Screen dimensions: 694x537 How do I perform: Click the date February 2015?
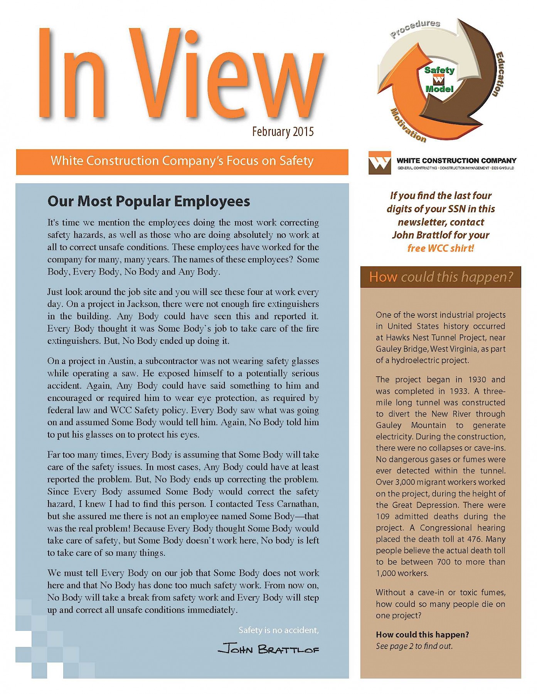coord(283,132)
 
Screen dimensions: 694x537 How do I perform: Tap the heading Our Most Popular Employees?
coord(148,201)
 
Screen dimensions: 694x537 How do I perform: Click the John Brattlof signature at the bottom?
coord(268,650)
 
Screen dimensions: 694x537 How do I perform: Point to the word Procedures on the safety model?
coord(415,28)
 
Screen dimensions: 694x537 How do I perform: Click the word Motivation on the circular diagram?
coord(408,126)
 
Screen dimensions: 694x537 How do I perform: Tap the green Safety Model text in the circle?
coord(439,79)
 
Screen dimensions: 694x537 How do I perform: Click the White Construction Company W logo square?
coord(379,163)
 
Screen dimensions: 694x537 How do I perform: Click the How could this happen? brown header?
coord(441,277)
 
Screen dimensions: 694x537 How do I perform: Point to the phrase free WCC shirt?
coord(441,248)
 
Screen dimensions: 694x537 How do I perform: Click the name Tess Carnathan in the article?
coord(286,504)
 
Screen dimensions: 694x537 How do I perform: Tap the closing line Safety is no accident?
coord(278,630)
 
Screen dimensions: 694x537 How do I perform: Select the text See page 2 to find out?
coord(414,646)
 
